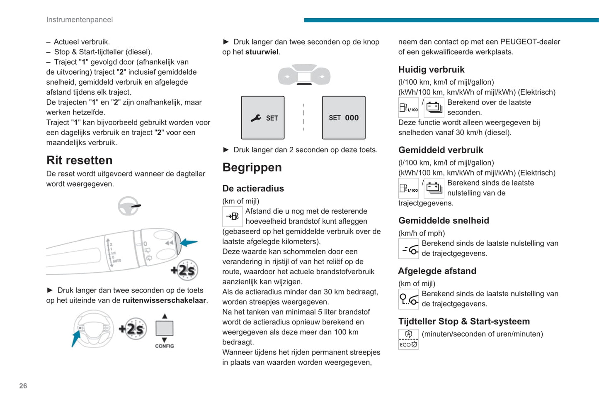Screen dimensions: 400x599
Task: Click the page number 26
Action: point(23,386)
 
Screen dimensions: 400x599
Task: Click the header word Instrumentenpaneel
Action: point(79,20)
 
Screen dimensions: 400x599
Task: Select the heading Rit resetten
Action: point(79,160)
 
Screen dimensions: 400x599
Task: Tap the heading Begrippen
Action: point(252,167)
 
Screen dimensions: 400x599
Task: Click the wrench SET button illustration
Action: point(263,118)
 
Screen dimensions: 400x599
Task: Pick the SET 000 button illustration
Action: point(344,118)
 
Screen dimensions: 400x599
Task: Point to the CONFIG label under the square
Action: point(165,346)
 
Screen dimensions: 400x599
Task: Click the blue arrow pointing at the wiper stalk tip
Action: point(189,242)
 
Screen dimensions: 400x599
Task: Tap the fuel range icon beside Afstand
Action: point(233,216)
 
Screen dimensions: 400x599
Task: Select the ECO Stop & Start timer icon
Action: point(408,339)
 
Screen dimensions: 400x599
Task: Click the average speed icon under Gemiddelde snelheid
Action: point(408,249)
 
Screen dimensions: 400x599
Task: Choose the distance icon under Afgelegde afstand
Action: point(408,299)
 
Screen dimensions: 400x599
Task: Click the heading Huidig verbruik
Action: point(431,70)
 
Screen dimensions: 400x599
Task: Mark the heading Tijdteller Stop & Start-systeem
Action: point(464,322)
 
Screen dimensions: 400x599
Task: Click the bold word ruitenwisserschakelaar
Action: point(164,300)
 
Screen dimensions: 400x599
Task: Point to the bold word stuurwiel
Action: point(262,52)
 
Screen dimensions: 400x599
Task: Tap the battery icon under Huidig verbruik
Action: point(434,107)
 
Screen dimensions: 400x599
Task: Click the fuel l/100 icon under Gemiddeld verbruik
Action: point(408,188)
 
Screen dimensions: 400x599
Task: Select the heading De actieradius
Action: point(253,188)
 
